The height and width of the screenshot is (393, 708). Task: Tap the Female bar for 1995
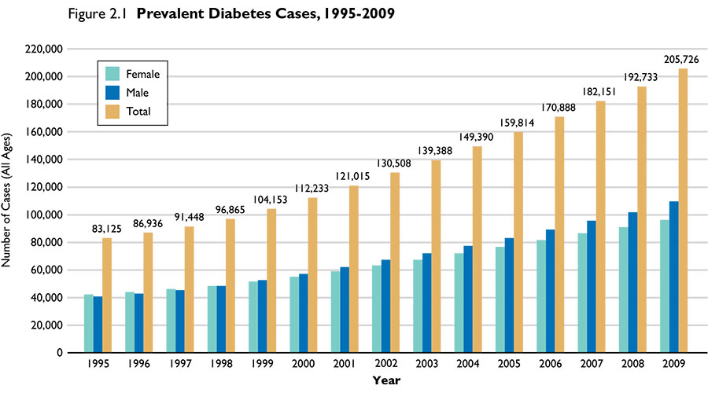pos(89,324)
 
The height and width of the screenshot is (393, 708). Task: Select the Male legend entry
pos(138,93)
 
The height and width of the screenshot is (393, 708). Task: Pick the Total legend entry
pos(138,112)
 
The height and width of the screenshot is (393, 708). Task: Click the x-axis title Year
pos(386,381)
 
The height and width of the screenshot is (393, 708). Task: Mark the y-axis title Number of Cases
pos(9,200)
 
